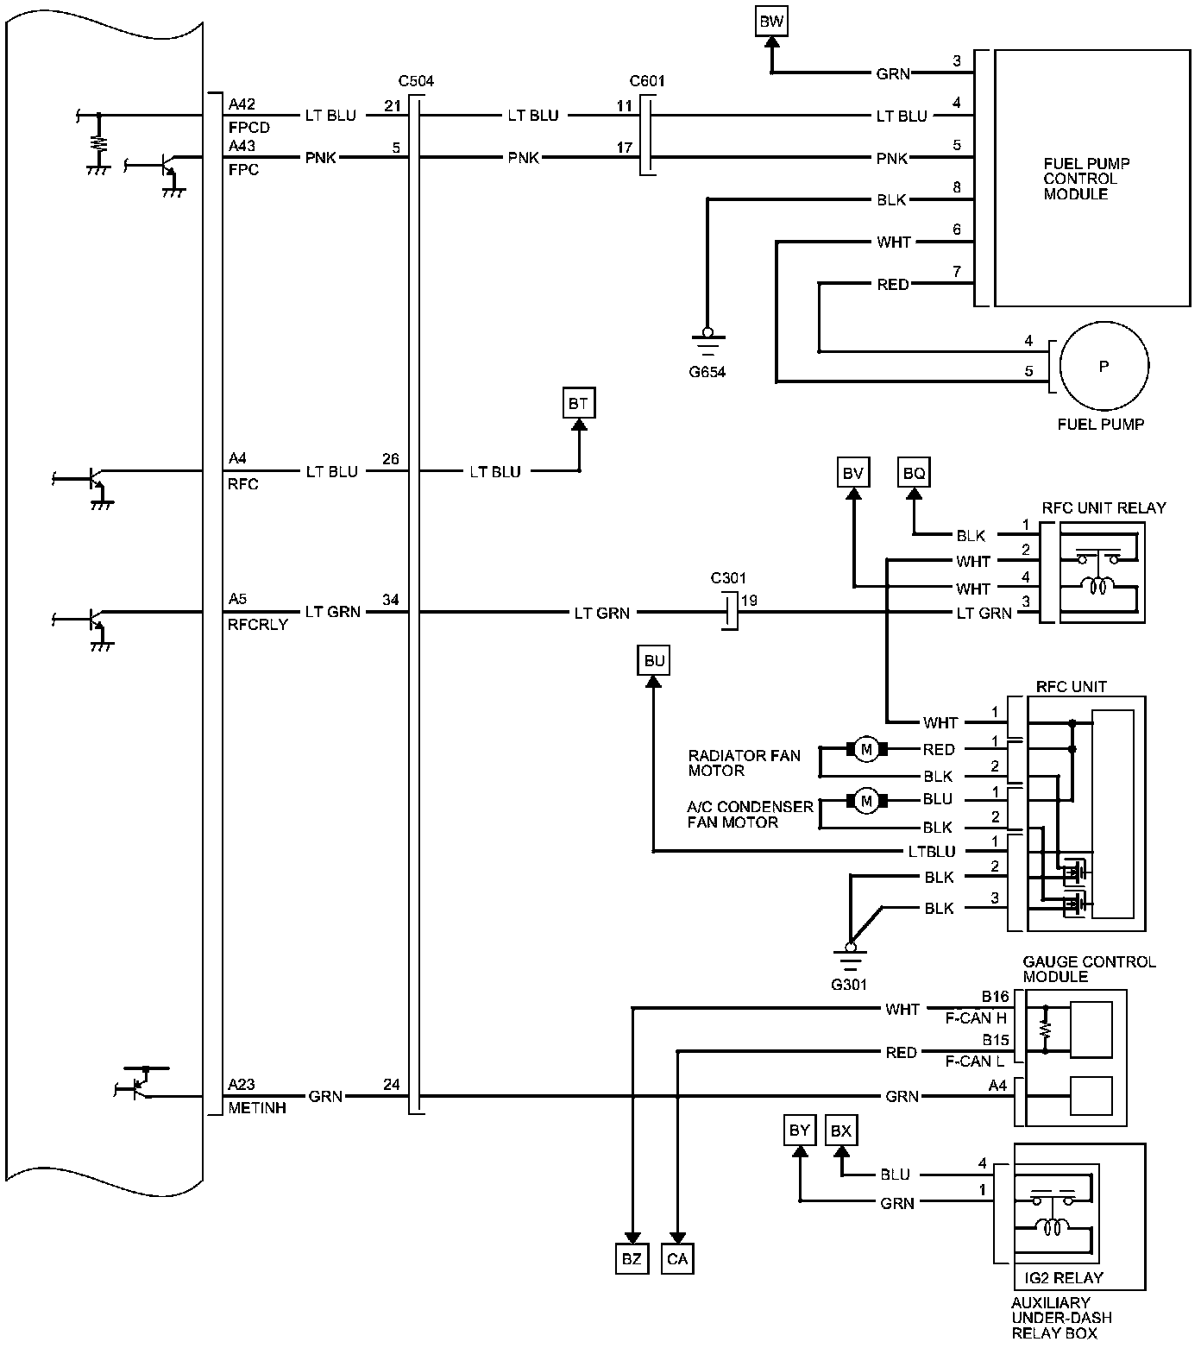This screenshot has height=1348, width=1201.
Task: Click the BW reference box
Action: click(771, 22)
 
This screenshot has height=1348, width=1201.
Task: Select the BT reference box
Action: click(578, 403)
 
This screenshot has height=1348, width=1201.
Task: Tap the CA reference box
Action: click(677, 1259)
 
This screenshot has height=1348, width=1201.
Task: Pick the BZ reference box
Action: click(632, 1259)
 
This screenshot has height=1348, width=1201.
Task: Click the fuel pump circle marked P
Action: click(1104, 366)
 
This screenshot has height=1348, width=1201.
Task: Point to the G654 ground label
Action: click(707, 372)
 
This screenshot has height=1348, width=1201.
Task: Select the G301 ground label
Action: click(850, 984)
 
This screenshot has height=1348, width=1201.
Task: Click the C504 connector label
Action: click(416, 82)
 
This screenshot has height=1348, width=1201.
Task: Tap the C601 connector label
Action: click(647, 82)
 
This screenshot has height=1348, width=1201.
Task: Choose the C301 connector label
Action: click(728, 578)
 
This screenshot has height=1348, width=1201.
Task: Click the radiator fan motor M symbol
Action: click(867, 749)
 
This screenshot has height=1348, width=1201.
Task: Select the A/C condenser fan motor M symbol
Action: click(867, 801)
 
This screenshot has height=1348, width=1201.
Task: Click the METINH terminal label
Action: click(257, 1108)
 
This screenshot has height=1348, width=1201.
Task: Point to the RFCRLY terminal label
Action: click(258, 624)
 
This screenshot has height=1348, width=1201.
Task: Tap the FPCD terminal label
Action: click(249, 128)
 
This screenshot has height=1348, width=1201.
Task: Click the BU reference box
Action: click(654, 661)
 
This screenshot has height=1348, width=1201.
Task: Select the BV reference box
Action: click(852, 472)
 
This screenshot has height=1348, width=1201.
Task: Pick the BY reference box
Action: click(800, 1131)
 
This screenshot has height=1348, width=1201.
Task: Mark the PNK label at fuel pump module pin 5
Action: click(892, 159)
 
